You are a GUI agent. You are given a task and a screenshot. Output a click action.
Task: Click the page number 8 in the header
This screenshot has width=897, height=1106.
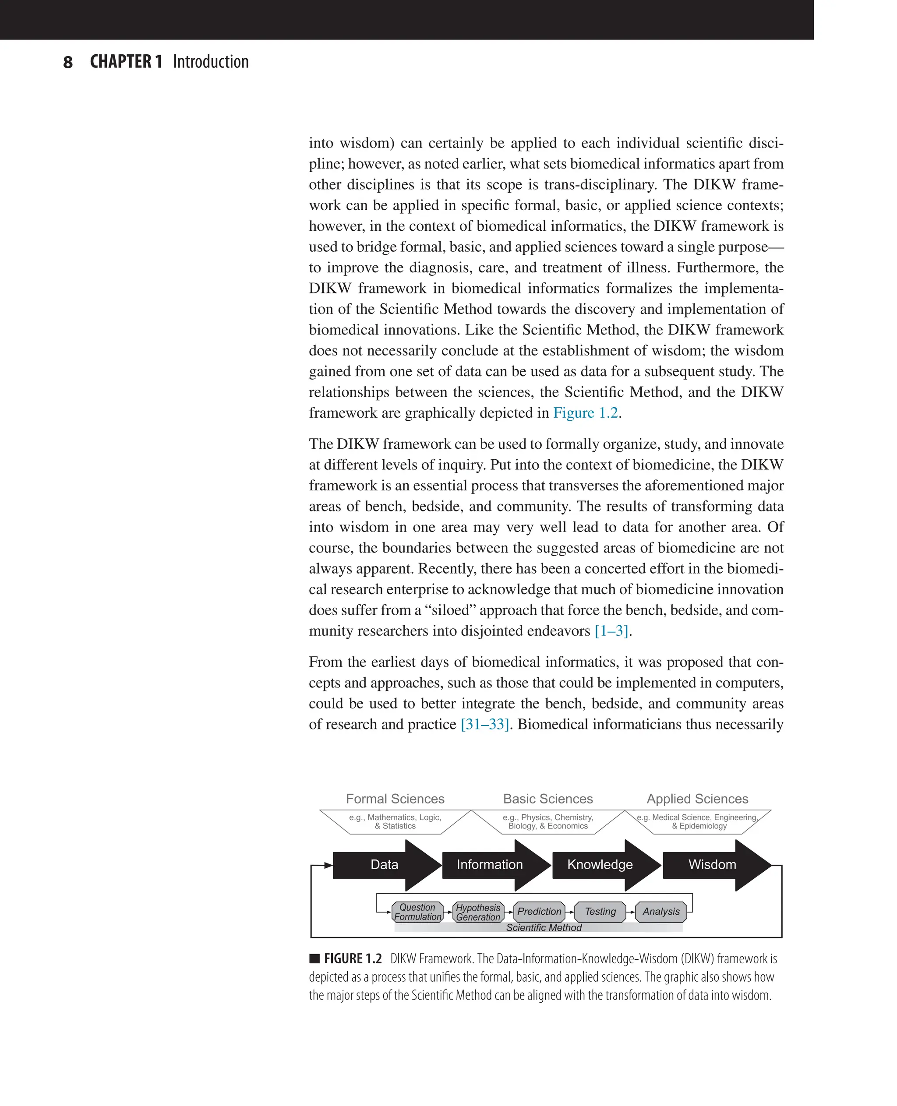[68, 63]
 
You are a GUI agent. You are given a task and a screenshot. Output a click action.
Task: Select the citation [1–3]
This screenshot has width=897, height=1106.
[611, 631]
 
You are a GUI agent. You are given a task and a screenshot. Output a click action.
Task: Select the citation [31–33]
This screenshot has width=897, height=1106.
[485, 724]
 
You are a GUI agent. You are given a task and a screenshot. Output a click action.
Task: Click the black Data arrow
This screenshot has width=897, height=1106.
[385, 865]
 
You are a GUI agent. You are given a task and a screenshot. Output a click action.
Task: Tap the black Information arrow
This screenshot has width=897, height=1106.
[490, 865]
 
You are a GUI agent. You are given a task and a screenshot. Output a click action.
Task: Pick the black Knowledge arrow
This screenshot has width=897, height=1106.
[600, 865]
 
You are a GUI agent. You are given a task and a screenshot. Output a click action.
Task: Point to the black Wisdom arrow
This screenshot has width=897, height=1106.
[712, 865]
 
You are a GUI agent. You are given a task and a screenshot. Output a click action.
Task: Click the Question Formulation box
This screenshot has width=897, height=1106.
[417, 912]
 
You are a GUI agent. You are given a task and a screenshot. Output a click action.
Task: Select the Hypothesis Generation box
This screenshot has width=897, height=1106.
[478, 912]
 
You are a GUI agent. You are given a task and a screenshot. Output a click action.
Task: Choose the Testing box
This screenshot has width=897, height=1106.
[600, 912]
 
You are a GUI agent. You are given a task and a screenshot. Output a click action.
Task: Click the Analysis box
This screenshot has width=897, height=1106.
[661, 912]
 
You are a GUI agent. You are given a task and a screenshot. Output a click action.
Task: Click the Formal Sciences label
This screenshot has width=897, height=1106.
[395, 799]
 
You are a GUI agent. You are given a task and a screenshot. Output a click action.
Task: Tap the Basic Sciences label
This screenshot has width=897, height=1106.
[548, 799]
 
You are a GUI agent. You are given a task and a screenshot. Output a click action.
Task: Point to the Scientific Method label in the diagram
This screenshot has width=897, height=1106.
[544, 928]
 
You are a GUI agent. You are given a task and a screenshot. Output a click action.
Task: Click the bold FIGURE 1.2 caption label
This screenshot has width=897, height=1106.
[353, 959]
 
